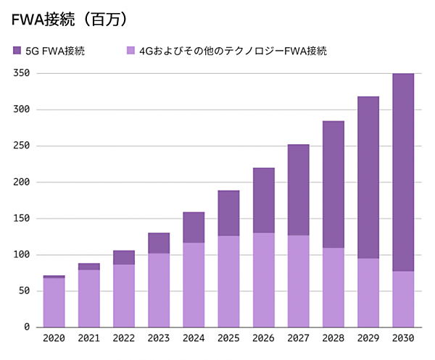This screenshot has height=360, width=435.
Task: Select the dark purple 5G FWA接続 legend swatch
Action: point(17,51)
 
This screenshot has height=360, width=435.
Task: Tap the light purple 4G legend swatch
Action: point(131,51)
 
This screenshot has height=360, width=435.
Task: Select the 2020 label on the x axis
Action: point(54,338)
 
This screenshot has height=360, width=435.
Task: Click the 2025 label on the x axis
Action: point(228,338)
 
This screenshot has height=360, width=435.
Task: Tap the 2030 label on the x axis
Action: point(403,338)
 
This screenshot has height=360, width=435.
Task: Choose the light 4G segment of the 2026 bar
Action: point(263,280)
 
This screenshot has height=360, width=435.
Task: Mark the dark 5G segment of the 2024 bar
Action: point(194,227)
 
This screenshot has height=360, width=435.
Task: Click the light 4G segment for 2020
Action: point(54,303)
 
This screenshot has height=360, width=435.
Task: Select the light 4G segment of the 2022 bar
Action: point(124,296)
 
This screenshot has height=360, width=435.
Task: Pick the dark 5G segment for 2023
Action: point(159,243)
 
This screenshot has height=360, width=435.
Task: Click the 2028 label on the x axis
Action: point(333,338)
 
